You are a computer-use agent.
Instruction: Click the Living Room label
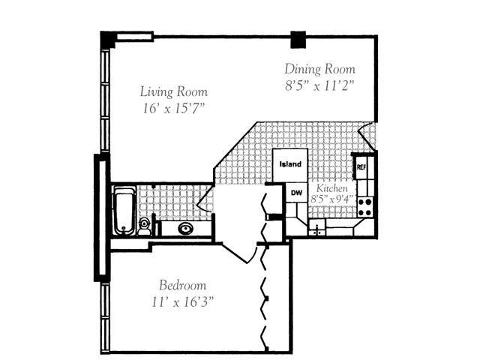(174, 91)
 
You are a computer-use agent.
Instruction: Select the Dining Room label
(319, 70)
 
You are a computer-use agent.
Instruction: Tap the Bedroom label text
(182, 285)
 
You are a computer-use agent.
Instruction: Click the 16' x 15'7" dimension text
(174, 109)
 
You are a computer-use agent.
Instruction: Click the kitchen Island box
(290, 164)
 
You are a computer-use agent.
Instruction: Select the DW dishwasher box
(296, 193)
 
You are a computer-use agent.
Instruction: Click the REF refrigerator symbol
(361, 166)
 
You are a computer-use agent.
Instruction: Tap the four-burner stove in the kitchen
(365, 206)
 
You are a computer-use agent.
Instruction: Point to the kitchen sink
(318, 228)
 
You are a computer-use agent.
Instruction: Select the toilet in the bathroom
(144, 225)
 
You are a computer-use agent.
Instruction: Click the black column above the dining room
(299, 38)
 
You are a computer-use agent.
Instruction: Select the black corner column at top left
(109, 39)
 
